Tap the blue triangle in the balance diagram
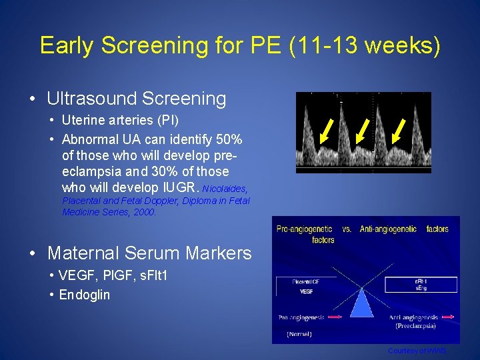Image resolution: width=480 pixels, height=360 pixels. click(364, 299)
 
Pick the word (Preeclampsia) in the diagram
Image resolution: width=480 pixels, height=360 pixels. click(416, 326)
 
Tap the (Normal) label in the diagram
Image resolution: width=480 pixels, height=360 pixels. click(299, 333)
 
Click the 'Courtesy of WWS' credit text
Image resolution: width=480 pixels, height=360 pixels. click(417, 351)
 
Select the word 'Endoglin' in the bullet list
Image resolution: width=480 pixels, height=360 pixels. click(85, 295)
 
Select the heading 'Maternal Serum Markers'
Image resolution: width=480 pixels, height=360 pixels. click(149, 253)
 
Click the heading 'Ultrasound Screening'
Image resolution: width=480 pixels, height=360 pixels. click(137, 99)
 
